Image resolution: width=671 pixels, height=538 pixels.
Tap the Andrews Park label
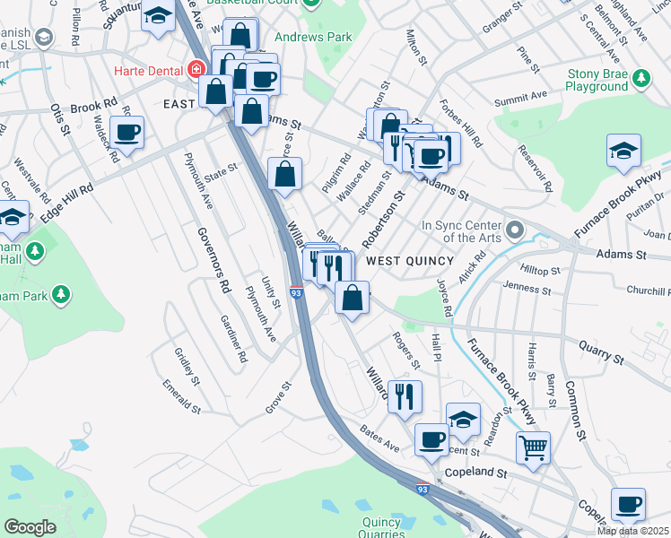click(313, 38)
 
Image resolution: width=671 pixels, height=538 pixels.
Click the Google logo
click(30, 527)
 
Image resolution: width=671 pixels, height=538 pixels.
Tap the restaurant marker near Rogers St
click(405, 395)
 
